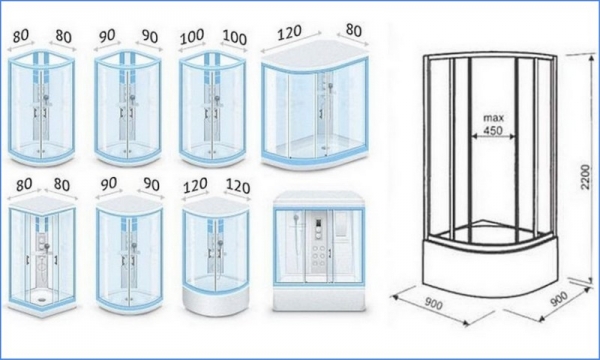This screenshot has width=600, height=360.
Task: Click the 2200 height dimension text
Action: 584,177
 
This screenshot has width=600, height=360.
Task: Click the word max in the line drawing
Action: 493,117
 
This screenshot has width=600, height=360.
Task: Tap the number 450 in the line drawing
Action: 493,130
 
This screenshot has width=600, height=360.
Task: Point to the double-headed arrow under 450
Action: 493,136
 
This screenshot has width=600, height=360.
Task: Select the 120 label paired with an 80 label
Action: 290,33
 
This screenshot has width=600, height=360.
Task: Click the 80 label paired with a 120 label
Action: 353,30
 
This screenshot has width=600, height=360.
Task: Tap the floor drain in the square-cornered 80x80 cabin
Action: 42,300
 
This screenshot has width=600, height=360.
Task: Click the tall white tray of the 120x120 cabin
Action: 216,300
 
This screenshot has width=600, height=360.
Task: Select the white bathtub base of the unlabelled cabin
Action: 319,299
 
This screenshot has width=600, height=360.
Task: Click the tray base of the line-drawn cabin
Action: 491,266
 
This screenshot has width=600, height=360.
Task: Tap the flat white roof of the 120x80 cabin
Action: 315,52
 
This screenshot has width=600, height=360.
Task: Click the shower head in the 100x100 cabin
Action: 217,99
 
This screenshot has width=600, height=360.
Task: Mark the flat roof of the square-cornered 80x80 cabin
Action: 42,202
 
